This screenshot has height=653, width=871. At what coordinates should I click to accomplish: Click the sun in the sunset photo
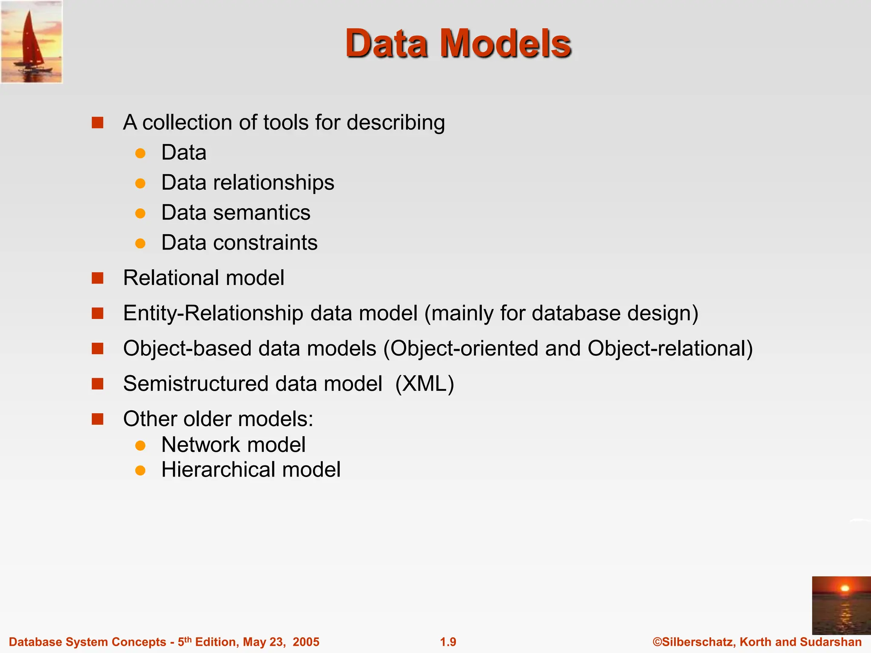pyautogui.click(x=845, y=588)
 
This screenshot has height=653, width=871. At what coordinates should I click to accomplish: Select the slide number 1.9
pyautogui.click(x=448, y=642)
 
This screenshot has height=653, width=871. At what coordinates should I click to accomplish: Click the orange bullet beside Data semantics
pyautogui.click(x=140, y=213)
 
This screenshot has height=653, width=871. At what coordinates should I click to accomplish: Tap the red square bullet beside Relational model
pyautogui.click(x=98, y=278)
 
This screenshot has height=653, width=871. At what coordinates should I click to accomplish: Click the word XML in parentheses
pyautogui.click(x=424, y=383)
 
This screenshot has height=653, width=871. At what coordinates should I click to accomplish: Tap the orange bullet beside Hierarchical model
pyautogui.click(x=140, y=470)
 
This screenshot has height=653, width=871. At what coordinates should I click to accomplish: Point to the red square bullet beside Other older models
pyautogui.click(x=98, y=419)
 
